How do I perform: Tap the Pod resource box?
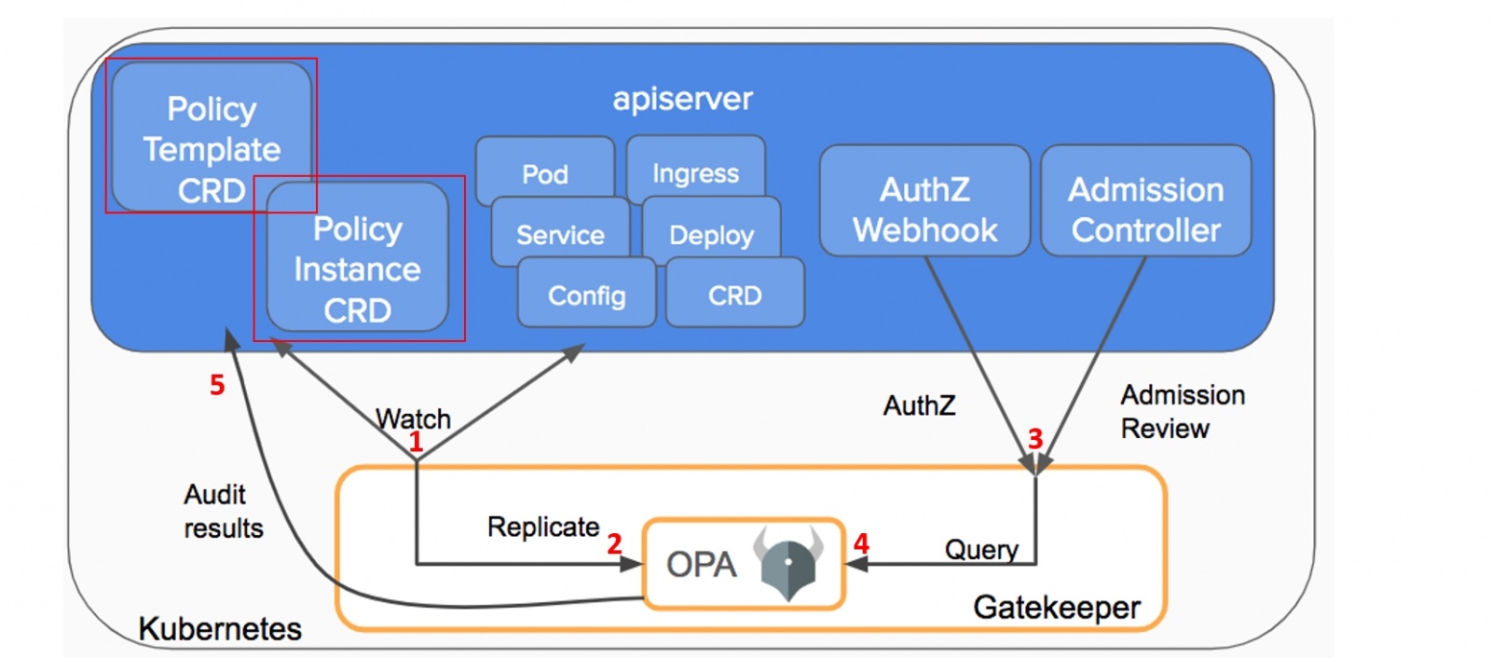pyautogui.click(x=545, y=169)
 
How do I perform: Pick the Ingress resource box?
pyautogui.click(x=695, y=168)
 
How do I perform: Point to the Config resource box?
pyautogui.click(x=586, y=295)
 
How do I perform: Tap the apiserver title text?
pyautogui.click(x=682, y=99)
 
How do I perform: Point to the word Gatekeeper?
pyautogui.click(x=1057, y=608)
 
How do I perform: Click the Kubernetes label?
pyautogui.click(x=220, y=629)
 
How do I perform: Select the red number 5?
pyautogui.click(x=217, y=384)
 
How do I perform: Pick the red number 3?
pyautogui.click(x=1035, y=437)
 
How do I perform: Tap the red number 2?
pyautogui.click(x=614, y=543)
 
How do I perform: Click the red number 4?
pyautogui.click(x=861, y=543)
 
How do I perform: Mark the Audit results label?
pyautogui.click(x=223, y=511)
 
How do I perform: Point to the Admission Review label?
pyautogui.click(x=1182, y=411)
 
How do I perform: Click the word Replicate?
pyautogui.click(x=543, y=527)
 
